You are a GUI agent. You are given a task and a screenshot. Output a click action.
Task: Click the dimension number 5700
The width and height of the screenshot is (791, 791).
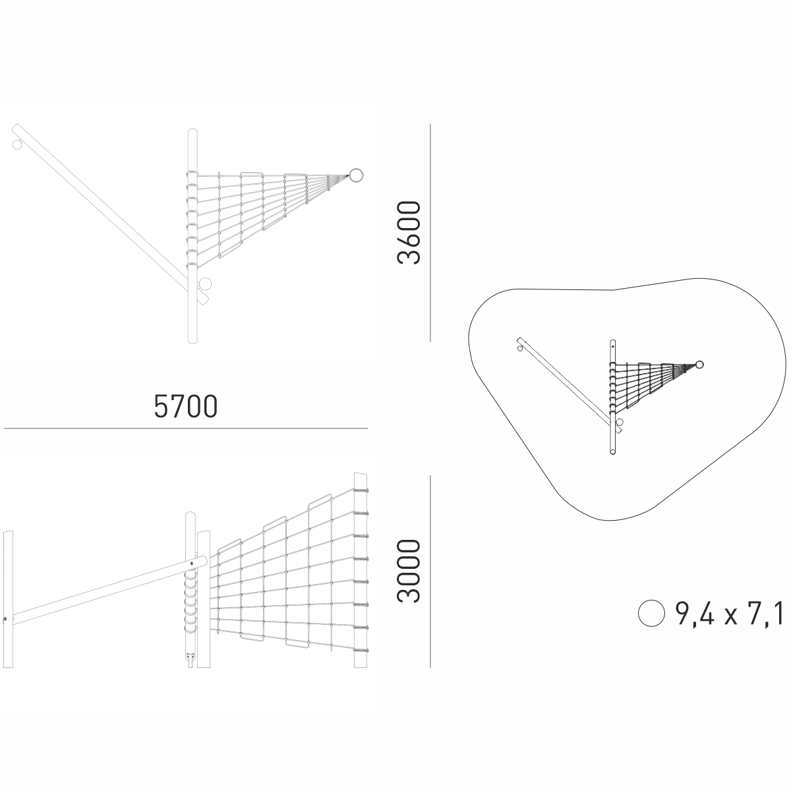(x=185, y=407)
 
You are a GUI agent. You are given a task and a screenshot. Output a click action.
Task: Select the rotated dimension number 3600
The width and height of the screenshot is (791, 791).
(x=409, y=232)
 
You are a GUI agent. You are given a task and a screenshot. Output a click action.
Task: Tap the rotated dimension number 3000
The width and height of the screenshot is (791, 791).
(x=409, y=571)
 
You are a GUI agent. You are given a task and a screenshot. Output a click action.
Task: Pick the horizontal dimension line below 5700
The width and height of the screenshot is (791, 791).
(x=186, y=428)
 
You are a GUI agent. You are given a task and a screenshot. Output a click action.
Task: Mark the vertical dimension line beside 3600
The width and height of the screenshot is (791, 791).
(x=430, y=233)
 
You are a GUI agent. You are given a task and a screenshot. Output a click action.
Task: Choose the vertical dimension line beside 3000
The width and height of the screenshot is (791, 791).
(x=430, y=570)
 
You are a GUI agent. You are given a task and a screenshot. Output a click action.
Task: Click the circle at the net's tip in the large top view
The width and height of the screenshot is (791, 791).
(x=357, y=175)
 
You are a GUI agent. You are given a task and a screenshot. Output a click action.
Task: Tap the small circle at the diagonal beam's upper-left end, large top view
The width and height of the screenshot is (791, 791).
(x=17, y=144)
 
